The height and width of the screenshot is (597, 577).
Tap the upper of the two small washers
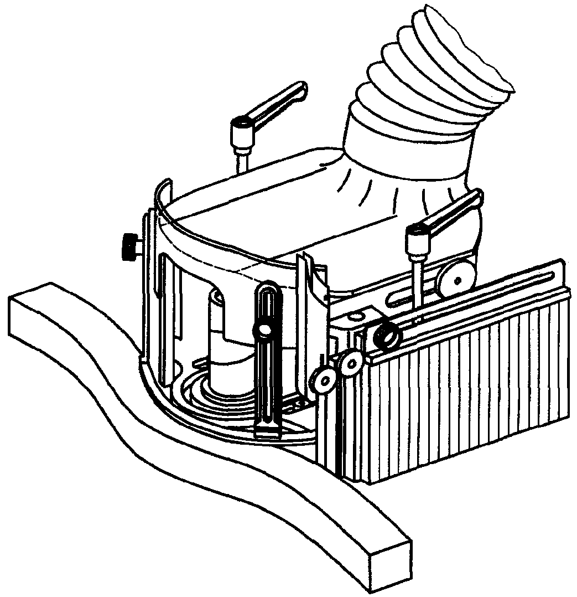pos(351,363)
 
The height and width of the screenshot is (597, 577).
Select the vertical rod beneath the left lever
pos(242,164)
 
